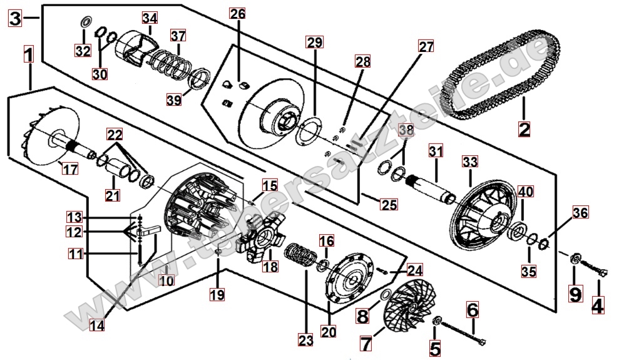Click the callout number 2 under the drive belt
point(524,130)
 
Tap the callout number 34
point(149,18)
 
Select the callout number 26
point(238,14)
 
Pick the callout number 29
point(314,43)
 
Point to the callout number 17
point(69,169)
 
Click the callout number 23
point(305,341)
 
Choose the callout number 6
point(472,309)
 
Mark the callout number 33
point(470,162)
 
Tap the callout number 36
point(580,213)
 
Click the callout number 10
point(166,281)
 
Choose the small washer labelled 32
point(84,24)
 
